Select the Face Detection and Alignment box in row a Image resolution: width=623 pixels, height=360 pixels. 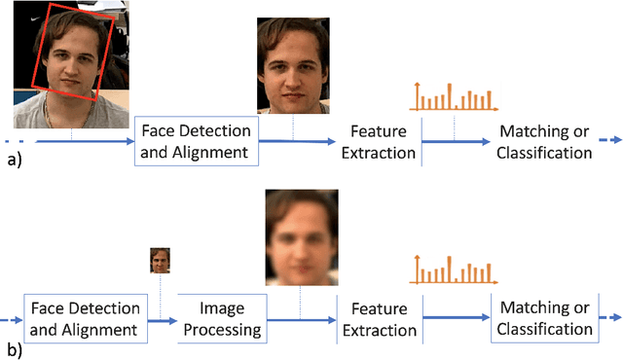(x=196, y=141)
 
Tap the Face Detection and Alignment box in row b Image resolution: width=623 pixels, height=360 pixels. (x=85, y=319)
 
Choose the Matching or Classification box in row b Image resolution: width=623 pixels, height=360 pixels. (x=544, y=319)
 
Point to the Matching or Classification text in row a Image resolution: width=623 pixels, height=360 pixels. (x=545, y=141)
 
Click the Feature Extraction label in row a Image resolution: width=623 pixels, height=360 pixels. (x=371, y=141)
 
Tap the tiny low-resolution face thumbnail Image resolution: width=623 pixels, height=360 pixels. (x=160, y=260)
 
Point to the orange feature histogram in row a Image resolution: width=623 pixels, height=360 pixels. (x=453, y=95)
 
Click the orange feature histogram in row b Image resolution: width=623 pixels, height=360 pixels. (x=453, y=269)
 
